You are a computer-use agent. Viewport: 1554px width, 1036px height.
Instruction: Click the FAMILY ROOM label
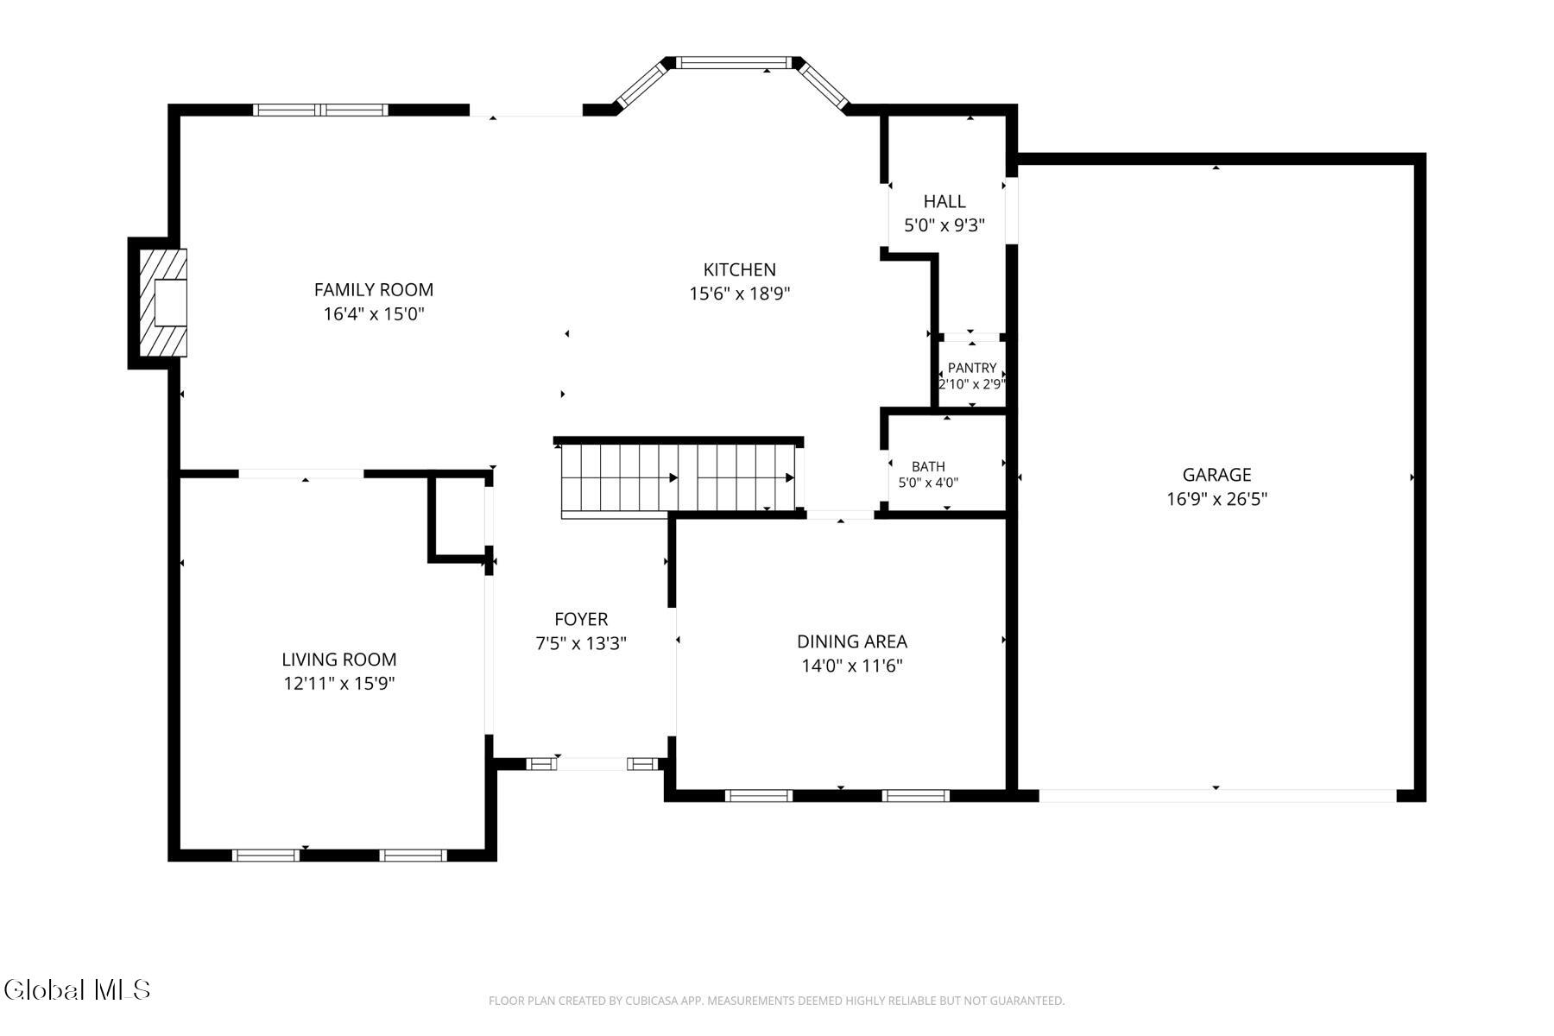tap(374, 290)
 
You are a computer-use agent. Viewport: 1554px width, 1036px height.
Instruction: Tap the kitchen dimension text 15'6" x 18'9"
tap(740, 294)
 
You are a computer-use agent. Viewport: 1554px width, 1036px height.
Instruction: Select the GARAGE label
tap(1216, 475)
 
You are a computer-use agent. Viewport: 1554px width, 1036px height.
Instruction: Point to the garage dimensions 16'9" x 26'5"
tap(1216, 499)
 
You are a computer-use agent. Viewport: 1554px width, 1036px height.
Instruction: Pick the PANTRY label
tap(972, 368)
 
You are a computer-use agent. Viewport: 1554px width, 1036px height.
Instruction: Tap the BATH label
tap(928, 467)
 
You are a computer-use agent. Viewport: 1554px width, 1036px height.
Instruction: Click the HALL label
tap(944, 201)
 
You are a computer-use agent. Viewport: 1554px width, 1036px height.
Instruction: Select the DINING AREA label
tap(852, 641)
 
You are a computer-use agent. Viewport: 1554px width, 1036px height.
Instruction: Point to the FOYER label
tap(581, 619)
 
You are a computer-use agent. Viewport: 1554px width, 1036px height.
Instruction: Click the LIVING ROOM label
tap(339, 660)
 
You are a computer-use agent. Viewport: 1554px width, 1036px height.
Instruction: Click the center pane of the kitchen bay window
tap(733, 62)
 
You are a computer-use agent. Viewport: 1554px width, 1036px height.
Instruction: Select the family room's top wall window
tap(320, 110)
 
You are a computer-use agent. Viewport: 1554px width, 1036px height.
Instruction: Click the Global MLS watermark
tap(77, 989)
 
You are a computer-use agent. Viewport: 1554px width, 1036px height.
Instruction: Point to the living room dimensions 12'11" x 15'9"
tap(339, 684)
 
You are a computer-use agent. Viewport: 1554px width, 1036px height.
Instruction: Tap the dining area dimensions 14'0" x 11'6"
tap(852, 666)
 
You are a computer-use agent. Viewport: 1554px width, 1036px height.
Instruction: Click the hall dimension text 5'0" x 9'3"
tap(944, 225)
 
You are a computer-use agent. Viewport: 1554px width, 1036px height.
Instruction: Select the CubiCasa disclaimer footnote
tap(777, 1001)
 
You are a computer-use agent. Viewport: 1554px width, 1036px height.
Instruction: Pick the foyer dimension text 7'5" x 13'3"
tap(581, 643)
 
